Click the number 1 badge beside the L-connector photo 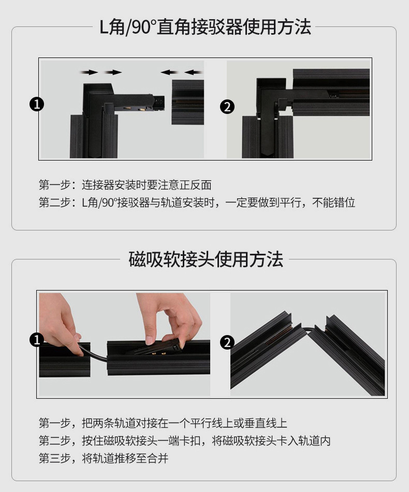[x=37, y=104]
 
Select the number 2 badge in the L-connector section [x=227, y=107]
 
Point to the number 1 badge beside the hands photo [x=36, y=340]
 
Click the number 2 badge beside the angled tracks [x=227, y=342]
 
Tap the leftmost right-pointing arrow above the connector [x=89, y=73]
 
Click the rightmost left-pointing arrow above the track [x=193, y=73]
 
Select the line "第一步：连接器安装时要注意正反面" [x=125, y=185]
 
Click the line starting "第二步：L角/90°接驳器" [x=197, y=202]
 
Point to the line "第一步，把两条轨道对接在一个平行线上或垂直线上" [x=163, y=423]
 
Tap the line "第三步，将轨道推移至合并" [x=104, y=458]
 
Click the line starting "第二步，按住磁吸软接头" [x=185, y=441]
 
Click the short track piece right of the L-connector [x=187, y=102]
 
